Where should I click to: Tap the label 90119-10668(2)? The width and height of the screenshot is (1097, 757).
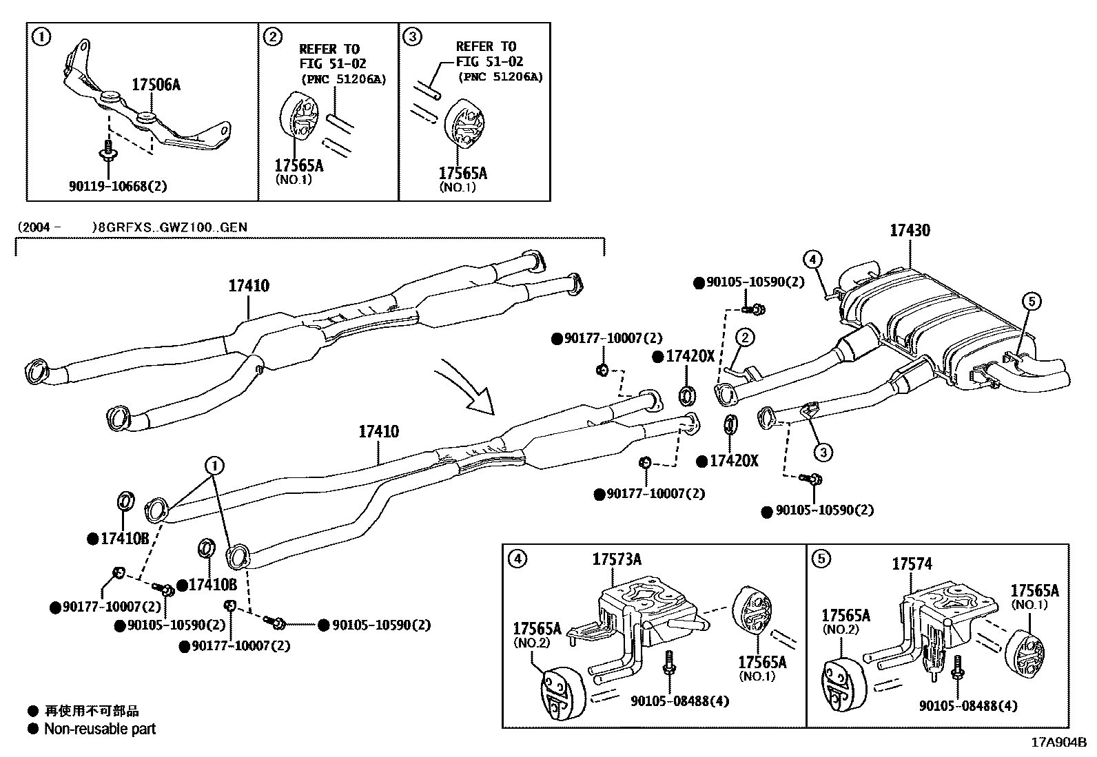pos(118,186)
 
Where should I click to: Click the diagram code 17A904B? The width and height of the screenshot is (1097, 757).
pos(1058,743)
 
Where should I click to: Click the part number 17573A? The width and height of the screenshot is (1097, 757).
pos(616,559)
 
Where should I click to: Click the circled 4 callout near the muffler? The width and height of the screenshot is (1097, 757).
pos(813,260)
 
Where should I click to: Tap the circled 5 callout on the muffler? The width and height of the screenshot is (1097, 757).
pos(1032,301)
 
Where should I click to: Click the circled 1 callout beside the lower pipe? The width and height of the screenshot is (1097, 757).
pos(214,466)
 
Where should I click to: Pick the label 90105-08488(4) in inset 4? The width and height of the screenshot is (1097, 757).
pos(679,701)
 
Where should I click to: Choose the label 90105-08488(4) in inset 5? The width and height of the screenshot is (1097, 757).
pos(967,705)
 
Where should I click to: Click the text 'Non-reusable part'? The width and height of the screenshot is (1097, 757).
pos(100,729)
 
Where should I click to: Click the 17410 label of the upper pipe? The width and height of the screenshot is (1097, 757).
pos(249,285)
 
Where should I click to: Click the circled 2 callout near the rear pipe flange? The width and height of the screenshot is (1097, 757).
pos(745,338)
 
